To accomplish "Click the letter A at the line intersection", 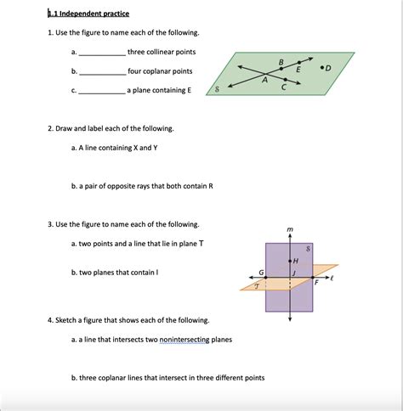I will (x=264, y=80).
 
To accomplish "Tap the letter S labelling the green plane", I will (x=219, y=88).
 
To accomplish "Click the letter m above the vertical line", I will (x=290, y=230).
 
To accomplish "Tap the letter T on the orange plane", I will (x=256, y=286).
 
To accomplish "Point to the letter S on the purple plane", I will (x=308, y=248).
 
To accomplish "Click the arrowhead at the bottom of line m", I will (x=290, y=318).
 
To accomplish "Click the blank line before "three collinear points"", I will (x=102, y=53).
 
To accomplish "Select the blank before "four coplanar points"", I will (x=102, y=72).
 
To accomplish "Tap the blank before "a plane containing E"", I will (x=102, y=90).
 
